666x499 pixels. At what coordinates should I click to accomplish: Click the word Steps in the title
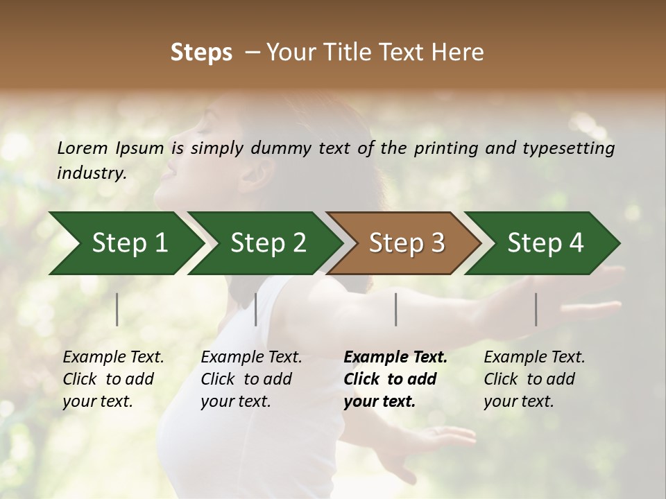click(x=201, y=53)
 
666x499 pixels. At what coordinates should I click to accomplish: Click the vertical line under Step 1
click(x=117, y=309)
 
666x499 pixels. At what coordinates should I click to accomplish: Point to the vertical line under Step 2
click(x=256, y=309)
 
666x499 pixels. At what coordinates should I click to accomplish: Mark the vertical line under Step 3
click(x=395, y=309)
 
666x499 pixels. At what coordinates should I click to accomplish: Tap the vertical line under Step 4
click(x=536, y=309)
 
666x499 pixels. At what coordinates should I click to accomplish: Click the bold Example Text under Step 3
click(x=395, y=379)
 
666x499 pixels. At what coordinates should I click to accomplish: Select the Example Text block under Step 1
click(x=113, y=379)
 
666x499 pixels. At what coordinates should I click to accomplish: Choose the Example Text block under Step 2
click(x=251, y=379)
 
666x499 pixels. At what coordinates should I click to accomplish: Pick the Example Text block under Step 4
click(x=534, y=379)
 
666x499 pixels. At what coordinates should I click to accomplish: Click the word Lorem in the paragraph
click(x=83, y=148)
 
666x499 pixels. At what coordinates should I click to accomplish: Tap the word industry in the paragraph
click(x=91, y=173)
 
